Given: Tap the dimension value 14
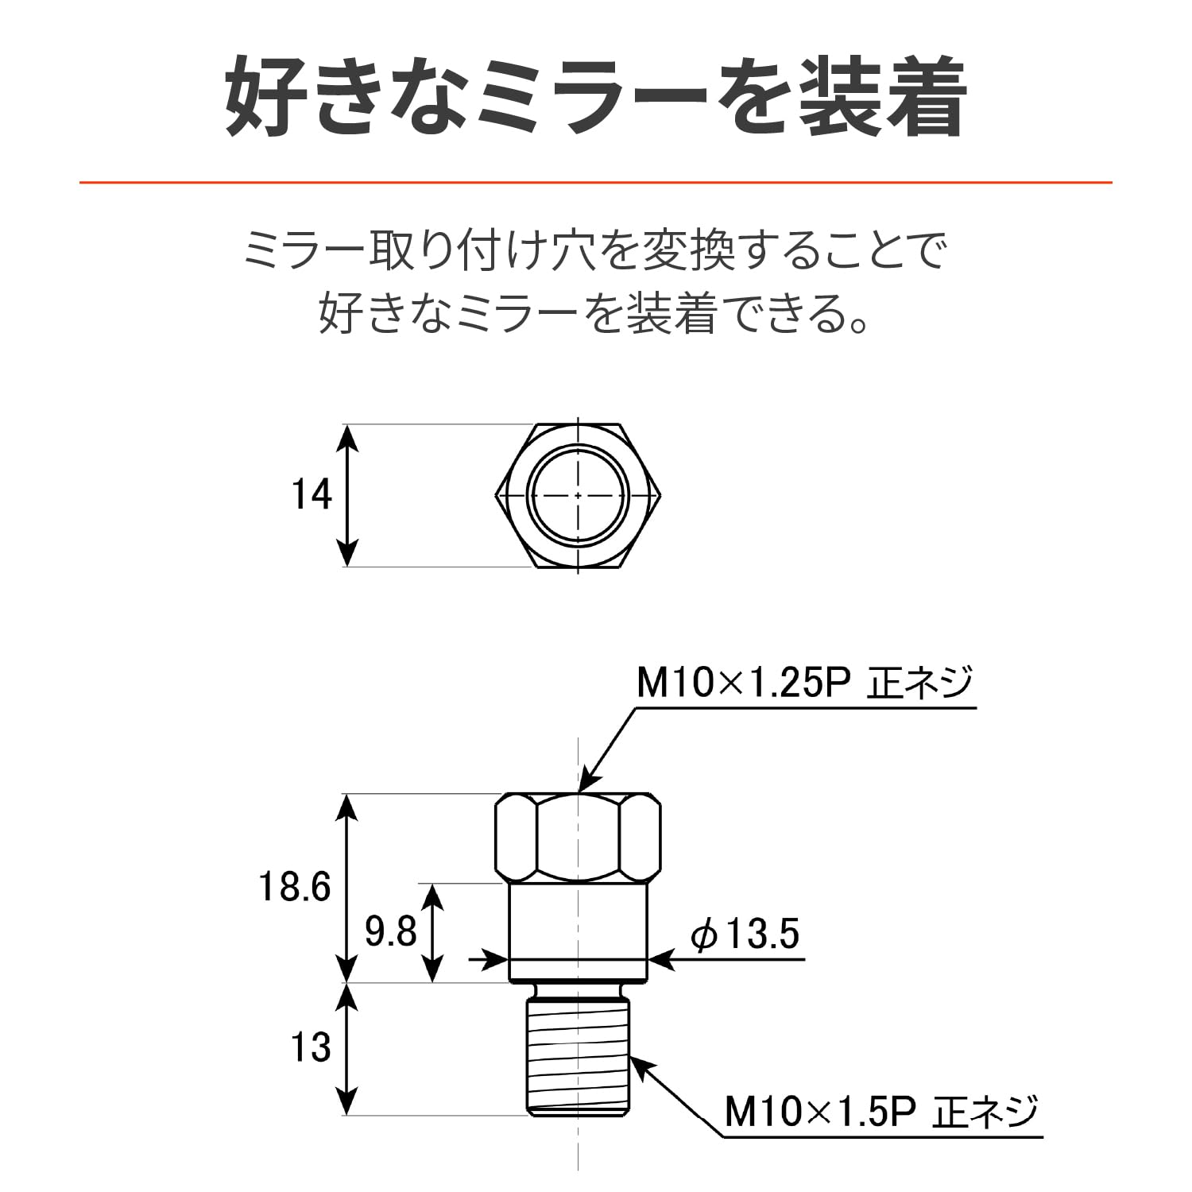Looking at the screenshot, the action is coord(312,495).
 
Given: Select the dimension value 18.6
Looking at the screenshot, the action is coord(295,887).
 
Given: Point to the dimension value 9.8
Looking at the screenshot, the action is coord(390,932).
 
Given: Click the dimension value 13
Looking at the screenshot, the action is coord(311,1048).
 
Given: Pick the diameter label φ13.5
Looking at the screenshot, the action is coord(745,935).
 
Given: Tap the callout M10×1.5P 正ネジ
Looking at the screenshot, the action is coord(881,1111).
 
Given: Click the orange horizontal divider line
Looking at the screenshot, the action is coord(596,183).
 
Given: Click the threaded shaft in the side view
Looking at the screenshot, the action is coord(578,1057).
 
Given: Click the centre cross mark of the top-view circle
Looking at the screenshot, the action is coord(578,495).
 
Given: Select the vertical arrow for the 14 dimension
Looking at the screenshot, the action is coord(347,495).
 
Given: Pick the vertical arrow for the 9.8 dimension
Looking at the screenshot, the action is coord(432,932).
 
